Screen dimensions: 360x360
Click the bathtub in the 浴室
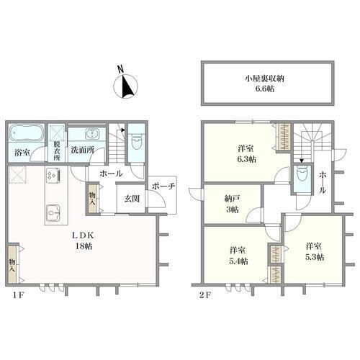click(x=27, y=132)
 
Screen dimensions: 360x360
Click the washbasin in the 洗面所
click(x=91, y=133)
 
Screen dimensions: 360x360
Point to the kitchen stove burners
click(x=53, y=175)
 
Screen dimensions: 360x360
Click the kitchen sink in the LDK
click(x=53, y=212)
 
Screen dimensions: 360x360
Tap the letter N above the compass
click(x=121, y=70)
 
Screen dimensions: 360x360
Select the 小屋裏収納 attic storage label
click(x=264, y=78)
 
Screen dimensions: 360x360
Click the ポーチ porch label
click(x=163, y=186)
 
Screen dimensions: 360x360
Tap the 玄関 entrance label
click(x=132, y=199)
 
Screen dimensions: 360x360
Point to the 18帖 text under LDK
click(x=84, y=246)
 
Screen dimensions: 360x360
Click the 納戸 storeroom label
click(x=233, y=199)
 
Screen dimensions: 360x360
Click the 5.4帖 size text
click(x=238, y=261)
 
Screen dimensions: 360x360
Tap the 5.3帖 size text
click(x=315, y=257)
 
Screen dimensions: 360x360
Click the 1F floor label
click(x=18, y=295)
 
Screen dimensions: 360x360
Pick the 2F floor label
click(x=205, y=295)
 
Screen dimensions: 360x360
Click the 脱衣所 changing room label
click(x=57, y=151)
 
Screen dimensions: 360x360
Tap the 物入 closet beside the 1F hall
click(x=92, y=199)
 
